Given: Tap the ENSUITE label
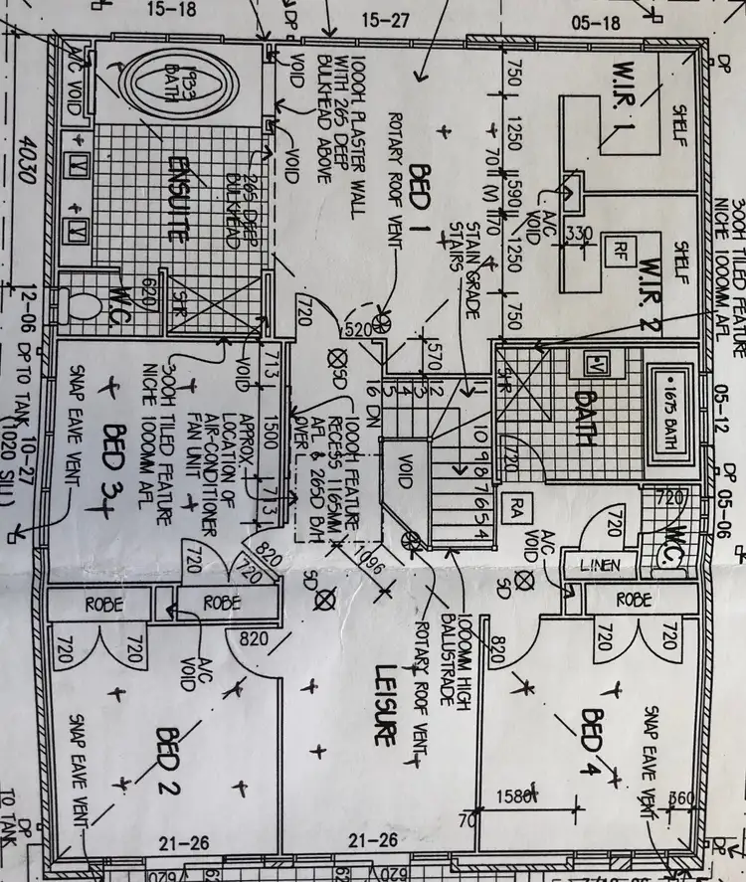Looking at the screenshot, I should click(x=179, y=199).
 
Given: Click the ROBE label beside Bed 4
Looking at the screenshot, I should click(x=633, y=601).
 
